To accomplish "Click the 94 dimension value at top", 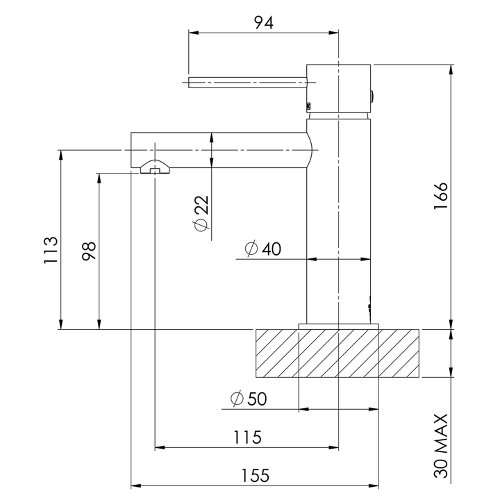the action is click(264, 23).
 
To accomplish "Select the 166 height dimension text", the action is click(441, 196).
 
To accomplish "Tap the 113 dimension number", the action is click(51, 250).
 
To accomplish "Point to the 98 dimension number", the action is click(89, 251).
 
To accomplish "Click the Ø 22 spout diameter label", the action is click(201, 213).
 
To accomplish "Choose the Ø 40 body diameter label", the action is click(263, 249).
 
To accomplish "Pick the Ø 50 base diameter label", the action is click(249, 399).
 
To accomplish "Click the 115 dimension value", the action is click(247, 437).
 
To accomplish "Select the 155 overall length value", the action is click(256, 476).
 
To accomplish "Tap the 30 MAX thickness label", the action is click(442, 446).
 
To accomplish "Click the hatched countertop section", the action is click(337, 353).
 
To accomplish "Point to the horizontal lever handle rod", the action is click(247, 82).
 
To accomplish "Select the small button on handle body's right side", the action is click(372, 97).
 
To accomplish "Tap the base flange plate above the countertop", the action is click(339, 326).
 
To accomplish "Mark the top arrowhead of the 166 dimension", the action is click(451, 69).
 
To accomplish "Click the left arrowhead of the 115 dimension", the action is click(160, 447).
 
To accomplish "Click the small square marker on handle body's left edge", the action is click(308, 106).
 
